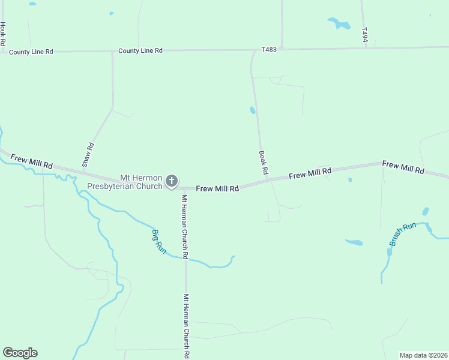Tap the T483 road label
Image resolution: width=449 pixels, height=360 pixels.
pos(269,49)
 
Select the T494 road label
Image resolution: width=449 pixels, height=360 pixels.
pos(364,34)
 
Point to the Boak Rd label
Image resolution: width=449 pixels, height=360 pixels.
pos(263,163)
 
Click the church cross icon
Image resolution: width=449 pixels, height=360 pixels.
pos(171,181)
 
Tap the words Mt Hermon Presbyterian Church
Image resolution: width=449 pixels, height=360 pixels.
pos(125,182)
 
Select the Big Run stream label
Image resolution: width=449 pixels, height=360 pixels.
pos(158,240)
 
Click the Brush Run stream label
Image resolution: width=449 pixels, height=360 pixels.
pos(402,234)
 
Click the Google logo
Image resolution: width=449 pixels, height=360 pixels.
pos(20,353)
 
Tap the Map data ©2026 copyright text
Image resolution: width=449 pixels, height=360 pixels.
pos(423,355)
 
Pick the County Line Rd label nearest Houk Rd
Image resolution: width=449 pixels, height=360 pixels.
pos(31,52)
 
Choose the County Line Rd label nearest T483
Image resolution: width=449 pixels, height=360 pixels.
pos(140,51)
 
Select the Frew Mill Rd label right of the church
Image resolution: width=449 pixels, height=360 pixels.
pos(217,188)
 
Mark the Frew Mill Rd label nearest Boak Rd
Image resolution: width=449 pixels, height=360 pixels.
pos(310,174)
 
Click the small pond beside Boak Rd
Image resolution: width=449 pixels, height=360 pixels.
pos(252,110)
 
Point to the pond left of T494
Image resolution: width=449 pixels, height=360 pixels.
pos(339,23)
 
